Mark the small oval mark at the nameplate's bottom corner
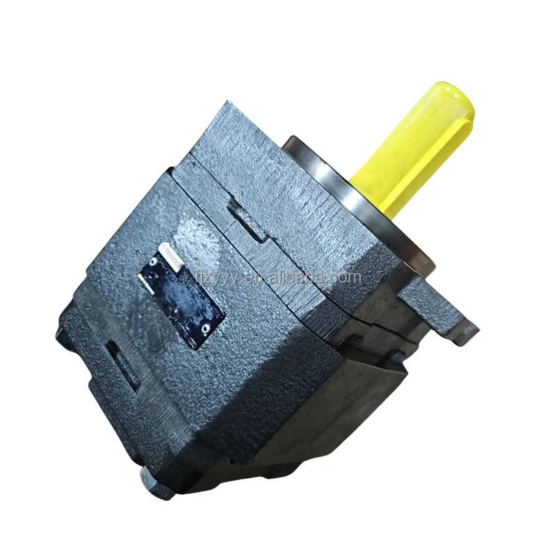(x=191, y=344)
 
